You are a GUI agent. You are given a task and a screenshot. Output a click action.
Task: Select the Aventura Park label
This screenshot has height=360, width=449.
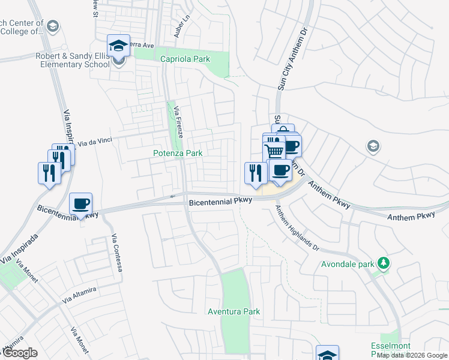(x=234, y=311)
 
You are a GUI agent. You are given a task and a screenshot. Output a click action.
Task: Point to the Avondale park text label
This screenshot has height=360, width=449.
(x=346, y=263)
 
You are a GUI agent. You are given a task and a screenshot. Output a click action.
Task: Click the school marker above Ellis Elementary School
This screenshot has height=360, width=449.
(x=119, y=46)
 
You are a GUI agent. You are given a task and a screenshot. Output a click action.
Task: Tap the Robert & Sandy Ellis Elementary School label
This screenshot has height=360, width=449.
(x=71, y=60)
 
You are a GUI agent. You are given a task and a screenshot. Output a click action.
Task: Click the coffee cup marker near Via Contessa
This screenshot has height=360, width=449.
(x=80, y=204)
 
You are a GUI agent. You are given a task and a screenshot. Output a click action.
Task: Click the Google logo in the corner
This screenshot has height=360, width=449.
(x=19, y=353)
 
